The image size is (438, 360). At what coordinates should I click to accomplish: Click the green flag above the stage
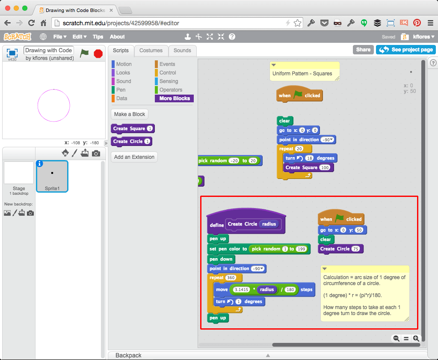(x=85, y=53)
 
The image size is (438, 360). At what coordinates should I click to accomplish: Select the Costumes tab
(x=151, y=51)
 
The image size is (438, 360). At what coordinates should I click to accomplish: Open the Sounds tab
(x=182, y=51)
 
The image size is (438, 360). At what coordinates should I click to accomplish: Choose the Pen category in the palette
(x=121, y=90)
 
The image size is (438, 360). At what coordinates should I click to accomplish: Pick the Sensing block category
(x=169, y=81)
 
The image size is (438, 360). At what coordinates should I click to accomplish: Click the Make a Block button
(x=130, y=114)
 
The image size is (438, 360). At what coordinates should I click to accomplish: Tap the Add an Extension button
(x=134, y=157)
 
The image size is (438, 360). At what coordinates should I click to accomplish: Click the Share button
(x=363, y=50)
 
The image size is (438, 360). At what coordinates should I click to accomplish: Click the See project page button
(x=406, y=50)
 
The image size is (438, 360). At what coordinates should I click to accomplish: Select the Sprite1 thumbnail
(x=52, y=176)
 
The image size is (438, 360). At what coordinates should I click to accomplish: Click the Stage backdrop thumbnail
(x=19, y=173)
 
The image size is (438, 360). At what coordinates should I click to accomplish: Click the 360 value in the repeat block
(x=231, y=278)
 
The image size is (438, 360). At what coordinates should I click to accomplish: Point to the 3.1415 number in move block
(x=242, y=290)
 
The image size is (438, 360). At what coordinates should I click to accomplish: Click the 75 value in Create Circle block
(x=355, y=249)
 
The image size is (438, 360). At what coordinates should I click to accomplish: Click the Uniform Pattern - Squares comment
(x=302, y=74)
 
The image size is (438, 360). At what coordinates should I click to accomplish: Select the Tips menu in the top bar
(x=98, y=37)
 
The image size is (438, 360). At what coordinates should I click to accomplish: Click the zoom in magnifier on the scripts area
(x=416, y=338)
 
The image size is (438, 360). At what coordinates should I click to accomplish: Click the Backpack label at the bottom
(x=128, y=355)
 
